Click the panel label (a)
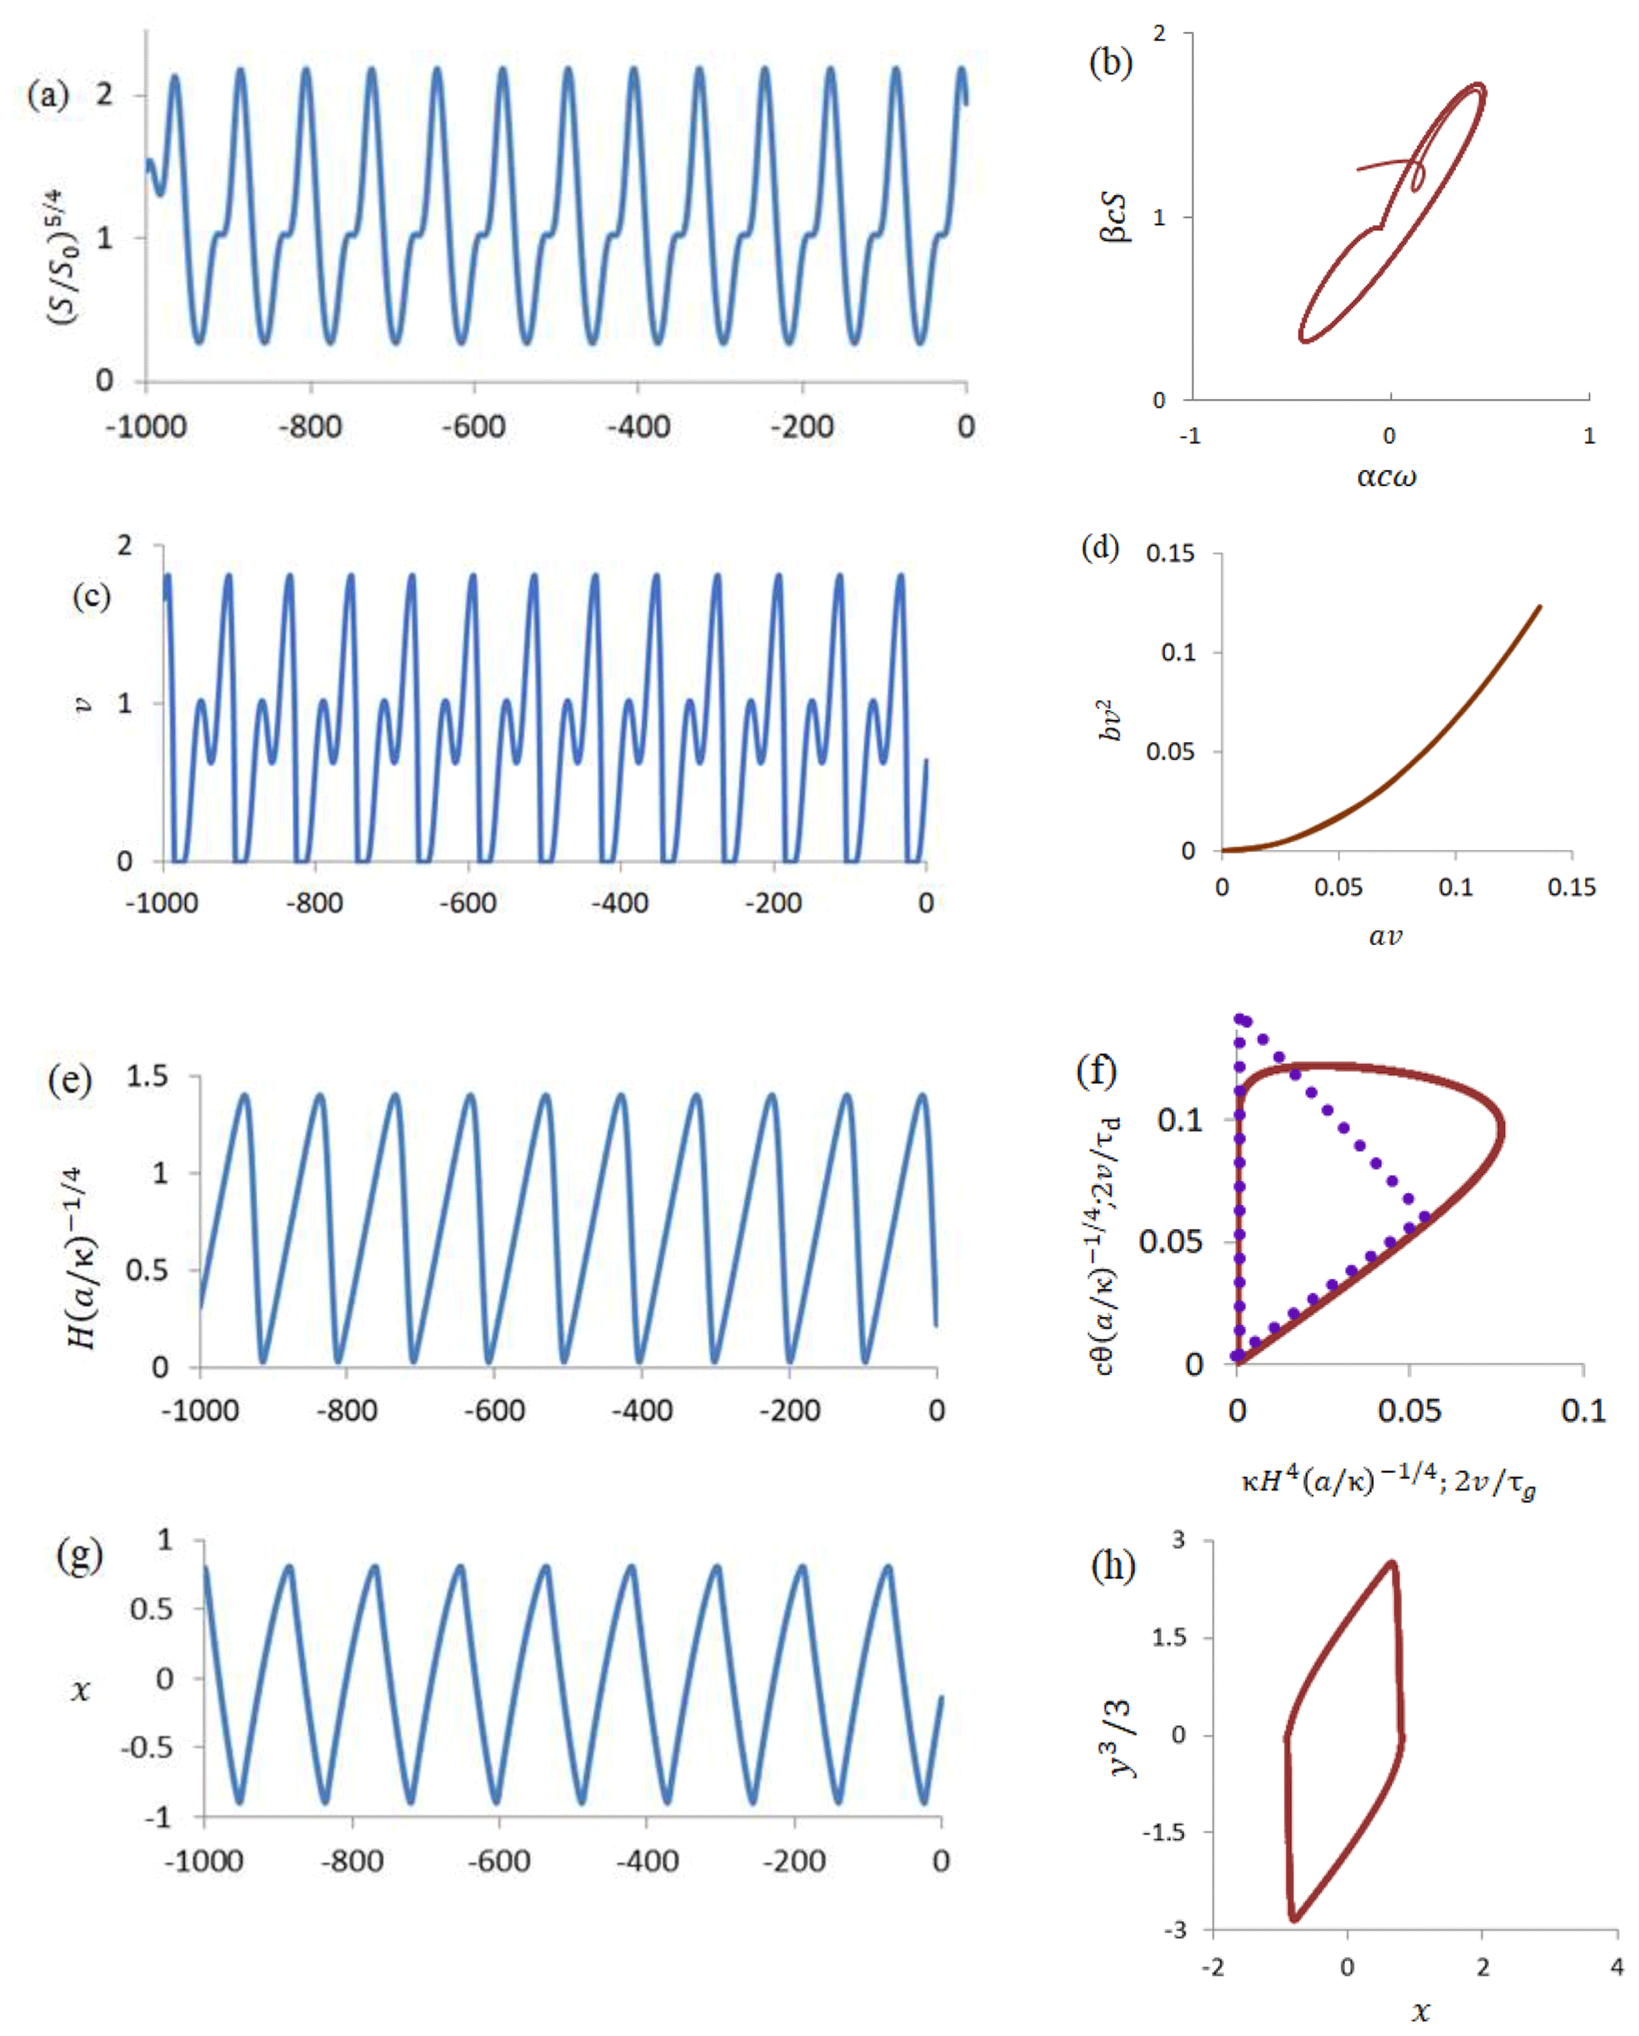pos(48,95)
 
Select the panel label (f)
pos(1096,1071)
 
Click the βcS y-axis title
pos(1116,218)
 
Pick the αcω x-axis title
pos(1387,476)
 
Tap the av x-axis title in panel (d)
pos(1385,936)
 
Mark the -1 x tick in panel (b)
pos(1190,436)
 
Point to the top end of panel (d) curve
pos(1540,607)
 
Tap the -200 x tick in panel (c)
pos(773,904)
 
